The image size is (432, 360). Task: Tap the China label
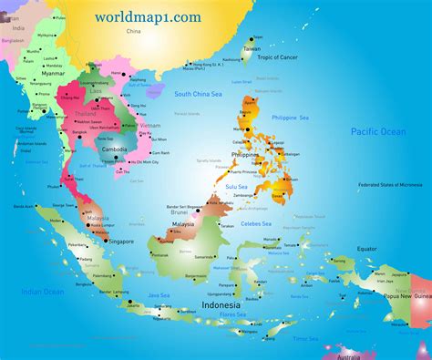134,31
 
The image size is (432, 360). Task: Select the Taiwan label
252,48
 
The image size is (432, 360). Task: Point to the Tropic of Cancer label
279,57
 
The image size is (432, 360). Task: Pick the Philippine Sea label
291,118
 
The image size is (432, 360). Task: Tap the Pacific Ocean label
377,132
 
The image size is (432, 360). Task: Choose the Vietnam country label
150,124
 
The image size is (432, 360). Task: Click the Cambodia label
114,149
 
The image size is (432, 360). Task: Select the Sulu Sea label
237,186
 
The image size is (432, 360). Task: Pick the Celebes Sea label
256,221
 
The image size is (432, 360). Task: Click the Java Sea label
159,295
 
